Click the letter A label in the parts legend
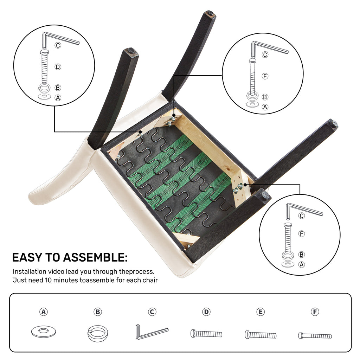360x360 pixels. coord(44,312)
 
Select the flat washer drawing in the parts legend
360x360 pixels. coord(43,332)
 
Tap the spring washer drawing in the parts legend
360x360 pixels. coord(98,333)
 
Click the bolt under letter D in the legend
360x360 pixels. coord(206,334)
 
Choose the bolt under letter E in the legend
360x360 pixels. coord(261,335)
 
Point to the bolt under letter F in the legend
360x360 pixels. coord(315,336)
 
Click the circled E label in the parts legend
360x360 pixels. coord(261,312)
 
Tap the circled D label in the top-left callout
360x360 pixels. coord(58,67)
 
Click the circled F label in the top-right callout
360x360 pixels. coord(265,76)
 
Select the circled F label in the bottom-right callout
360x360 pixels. coord(302,234)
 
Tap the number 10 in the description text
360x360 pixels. coord(48,280)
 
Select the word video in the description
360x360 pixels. coord(56,272)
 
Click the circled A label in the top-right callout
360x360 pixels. coord(265,107)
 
